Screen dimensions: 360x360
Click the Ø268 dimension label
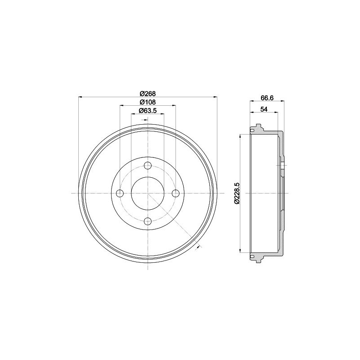pos(148,93)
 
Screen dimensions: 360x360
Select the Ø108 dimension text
pos(148,102)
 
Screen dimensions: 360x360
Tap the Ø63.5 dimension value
pos(148,110)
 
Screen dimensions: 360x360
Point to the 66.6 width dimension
pos(267,98)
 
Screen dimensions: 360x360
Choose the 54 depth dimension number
pos(264,109)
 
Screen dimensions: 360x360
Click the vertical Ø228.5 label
pos(237,193)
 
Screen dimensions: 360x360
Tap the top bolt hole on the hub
pos(148,165)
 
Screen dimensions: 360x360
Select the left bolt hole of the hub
pos(120,193)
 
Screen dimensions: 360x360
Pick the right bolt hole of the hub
pos(176,193)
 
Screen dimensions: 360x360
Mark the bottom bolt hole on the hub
pos(148,221)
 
